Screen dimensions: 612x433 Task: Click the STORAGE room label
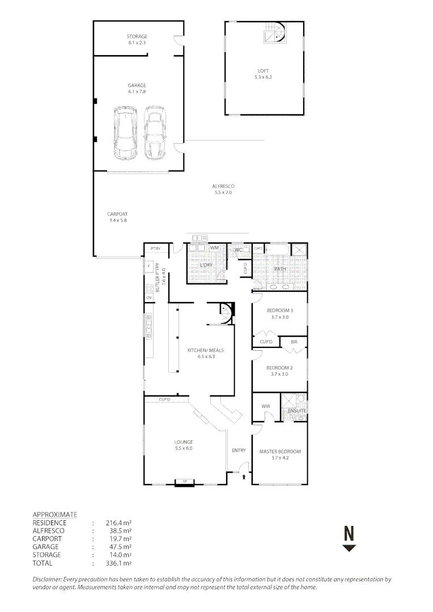click(137, 37)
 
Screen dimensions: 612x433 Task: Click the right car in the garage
click(154, 133)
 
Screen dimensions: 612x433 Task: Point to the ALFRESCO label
click(223, 186)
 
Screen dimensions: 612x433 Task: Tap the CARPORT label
click(117, 214)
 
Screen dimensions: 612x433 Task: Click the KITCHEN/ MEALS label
click(202, 350)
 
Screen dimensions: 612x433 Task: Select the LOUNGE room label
click(183, 442)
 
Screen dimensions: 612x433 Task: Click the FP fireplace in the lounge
click(184, 482)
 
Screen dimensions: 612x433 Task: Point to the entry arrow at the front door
click(244, 478)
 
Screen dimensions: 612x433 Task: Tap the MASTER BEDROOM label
click(280, 452)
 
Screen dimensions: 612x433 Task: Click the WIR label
click(266, 406)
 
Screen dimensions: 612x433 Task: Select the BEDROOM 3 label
click(279, 311)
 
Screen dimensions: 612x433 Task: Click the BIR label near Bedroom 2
click(294, 342)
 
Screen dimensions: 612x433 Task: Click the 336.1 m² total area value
click(119, 563)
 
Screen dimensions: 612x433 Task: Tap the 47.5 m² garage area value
click(118, 547)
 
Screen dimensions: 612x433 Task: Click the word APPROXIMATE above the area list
click(55, 514)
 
